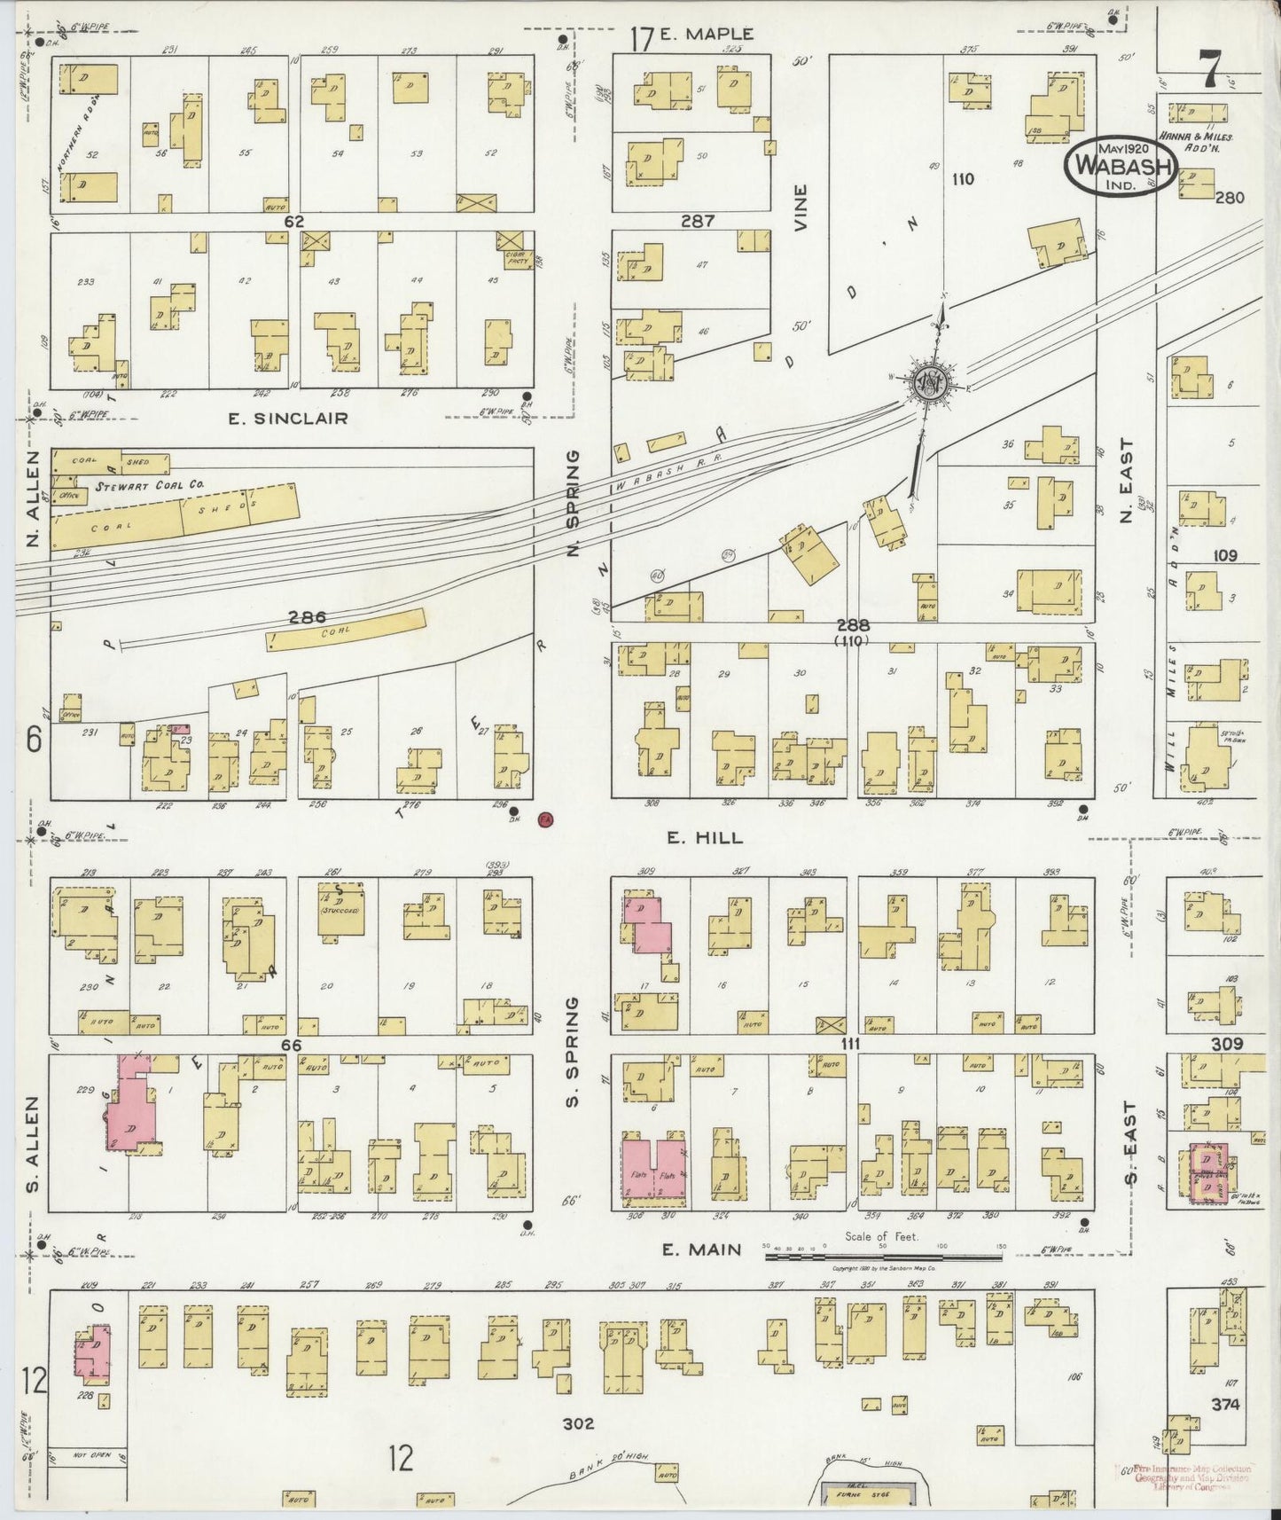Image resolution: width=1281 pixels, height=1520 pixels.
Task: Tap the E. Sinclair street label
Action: (x=288, y=418)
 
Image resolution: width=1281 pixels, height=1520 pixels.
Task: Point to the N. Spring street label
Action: (x=574, y=503)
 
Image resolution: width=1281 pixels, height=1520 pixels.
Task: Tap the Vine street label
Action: (x=801, y=208)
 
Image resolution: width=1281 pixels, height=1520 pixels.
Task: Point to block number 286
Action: (x=307, y=616)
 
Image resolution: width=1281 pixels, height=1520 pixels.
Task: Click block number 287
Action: (x=698, y=221)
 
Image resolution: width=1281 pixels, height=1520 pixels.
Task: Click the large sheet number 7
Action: (x=1207, y=67)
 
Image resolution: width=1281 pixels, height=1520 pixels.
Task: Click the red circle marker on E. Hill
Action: (x=546, y=819)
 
